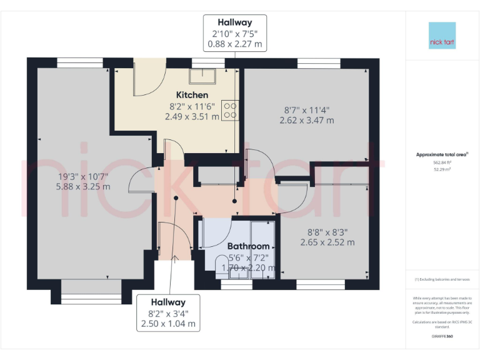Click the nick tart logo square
[442, 36]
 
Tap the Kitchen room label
[192, 95]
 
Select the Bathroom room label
[248, 246]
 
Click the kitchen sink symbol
[203, 76]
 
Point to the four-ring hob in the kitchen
[229, 111]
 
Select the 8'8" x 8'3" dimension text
[327, 231]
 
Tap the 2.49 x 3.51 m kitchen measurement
[192, 116]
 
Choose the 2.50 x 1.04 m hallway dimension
[169, 324]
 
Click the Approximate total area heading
[441, 154]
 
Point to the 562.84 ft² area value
[442, 162]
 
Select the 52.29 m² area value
[442, 169]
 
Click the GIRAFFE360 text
[442, 336]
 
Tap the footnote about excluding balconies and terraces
[442, 279]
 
